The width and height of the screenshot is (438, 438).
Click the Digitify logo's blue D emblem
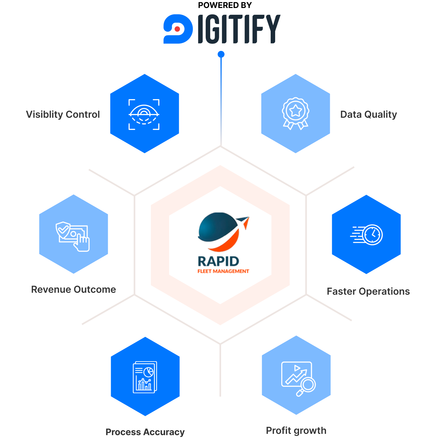point(178,29)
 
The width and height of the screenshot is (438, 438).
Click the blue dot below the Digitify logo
point(221,54)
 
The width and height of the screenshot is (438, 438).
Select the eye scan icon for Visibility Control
point(144,114)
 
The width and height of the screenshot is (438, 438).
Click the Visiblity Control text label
point(63,115)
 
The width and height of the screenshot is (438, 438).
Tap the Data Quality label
point(369,115)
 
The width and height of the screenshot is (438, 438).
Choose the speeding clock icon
point(367,235)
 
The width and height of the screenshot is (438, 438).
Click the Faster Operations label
point(368,291)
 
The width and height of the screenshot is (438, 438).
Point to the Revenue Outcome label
point(74,290)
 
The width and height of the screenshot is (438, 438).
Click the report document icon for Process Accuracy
point(145,377)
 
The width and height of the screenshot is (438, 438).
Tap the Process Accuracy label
point(145,432)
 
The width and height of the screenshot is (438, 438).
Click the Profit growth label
point(296,431)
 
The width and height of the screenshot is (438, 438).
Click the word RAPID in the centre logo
point(219,261)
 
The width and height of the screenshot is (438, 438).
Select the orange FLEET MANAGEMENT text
point(223,271)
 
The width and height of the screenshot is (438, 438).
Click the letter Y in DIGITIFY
point(273,29)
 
